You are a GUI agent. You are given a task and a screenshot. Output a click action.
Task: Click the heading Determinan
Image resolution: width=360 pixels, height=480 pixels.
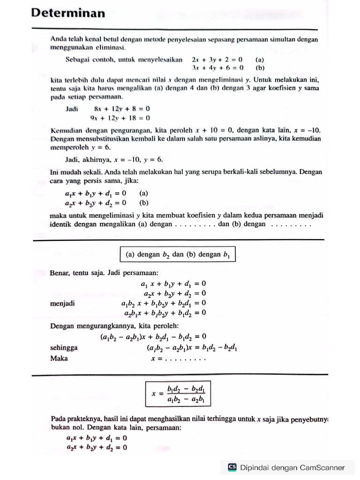tap(68, 13)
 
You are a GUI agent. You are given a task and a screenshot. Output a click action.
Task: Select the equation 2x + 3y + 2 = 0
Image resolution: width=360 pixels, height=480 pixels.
tap(217, 60)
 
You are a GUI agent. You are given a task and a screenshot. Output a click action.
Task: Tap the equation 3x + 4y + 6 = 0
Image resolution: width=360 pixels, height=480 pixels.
tap(217, 67)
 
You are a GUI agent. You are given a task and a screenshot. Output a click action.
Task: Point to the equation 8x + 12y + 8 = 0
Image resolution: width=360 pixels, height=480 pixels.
tap(122, 108)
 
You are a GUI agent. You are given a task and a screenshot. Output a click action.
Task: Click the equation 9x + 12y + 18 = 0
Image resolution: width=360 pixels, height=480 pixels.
tap(120, 118)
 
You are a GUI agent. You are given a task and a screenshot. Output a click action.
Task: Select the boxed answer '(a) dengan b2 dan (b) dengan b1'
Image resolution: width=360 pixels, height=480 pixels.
tap(178, 255)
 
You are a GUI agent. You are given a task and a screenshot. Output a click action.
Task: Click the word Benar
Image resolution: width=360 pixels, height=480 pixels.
tap(60, 272)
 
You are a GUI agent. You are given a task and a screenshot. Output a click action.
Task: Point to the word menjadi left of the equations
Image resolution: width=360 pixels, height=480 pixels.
tap(62, 303)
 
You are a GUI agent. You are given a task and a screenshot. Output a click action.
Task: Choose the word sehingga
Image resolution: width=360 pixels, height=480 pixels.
tap(64, 348)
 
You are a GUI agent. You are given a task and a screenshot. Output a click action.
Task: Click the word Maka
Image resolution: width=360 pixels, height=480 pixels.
tap(59, 358)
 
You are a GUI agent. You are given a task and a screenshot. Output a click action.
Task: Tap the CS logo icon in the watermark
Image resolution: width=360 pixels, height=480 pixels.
tap(232, 467)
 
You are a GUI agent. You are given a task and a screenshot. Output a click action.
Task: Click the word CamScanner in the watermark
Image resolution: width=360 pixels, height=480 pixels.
tap(322, 467)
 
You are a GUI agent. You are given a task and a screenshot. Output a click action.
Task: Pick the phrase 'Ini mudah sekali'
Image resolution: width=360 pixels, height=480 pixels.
tap(73, 172)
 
